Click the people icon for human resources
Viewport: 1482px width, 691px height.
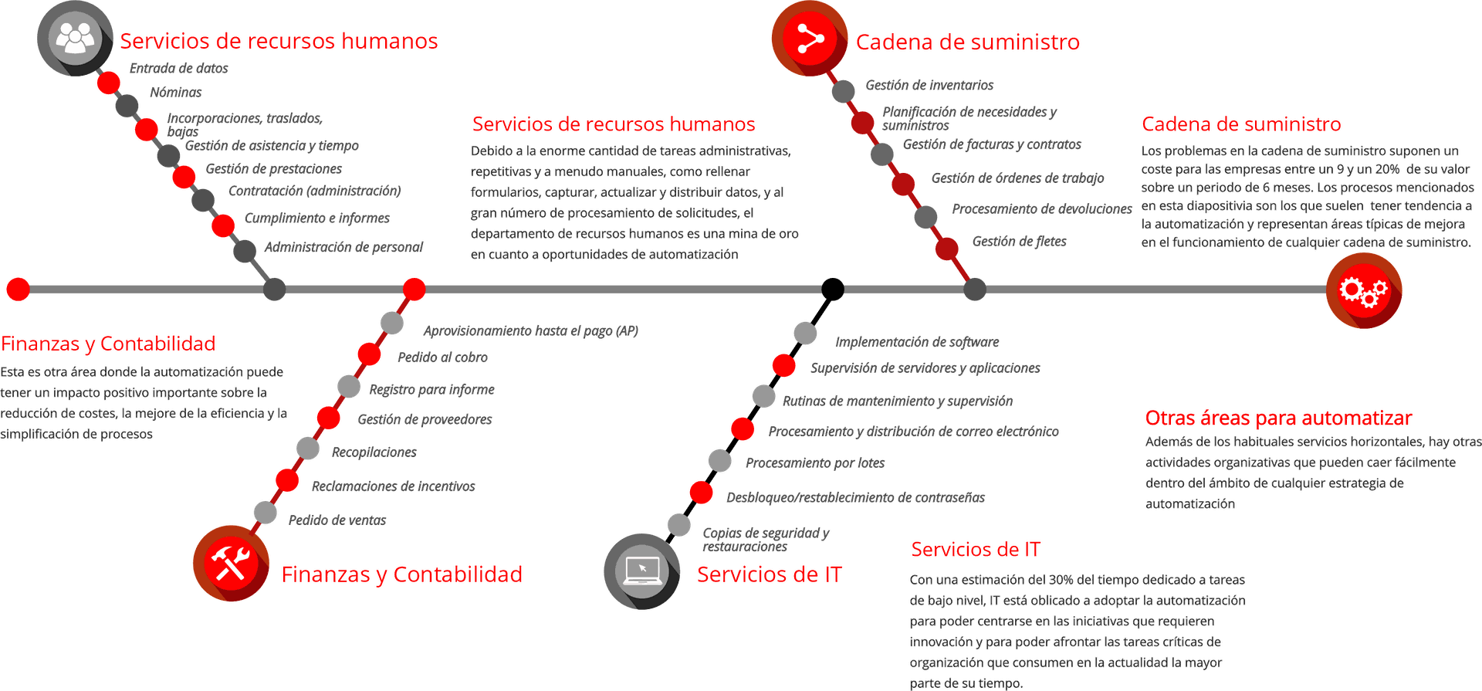tap(74, 37)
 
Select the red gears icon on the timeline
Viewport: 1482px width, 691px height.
tap(1363, 290)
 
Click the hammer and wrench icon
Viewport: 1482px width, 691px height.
tap(230, 564)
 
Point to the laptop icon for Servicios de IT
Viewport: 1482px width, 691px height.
tap(641, 571)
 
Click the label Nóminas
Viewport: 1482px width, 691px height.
tap(176, 93)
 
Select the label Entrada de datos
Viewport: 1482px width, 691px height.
tap(178, 69)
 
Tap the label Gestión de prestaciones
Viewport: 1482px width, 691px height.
tap(273, 169)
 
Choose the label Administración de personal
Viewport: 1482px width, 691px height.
tap(343, 247)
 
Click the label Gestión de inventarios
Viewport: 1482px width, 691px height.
tap(929, 86)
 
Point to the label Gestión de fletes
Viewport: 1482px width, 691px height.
tap(1019, 242)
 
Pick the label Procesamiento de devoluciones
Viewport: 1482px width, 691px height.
tap(1041, 209)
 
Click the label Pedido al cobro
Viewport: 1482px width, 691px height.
tap(442, 357)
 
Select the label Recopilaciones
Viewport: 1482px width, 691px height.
tap(374, 452)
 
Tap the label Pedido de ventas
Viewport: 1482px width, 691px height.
tap(337, 520)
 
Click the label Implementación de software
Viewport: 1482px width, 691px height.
tap(917, 342)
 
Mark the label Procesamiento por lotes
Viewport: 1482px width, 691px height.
tap(815, 463)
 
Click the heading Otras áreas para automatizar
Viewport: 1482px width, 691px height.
tap(1278, 419)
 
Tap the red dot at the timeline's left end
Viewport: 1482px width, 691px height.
tap(17, 290)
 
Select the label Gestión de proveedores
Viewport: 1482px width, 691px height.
tap(425, 420)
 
